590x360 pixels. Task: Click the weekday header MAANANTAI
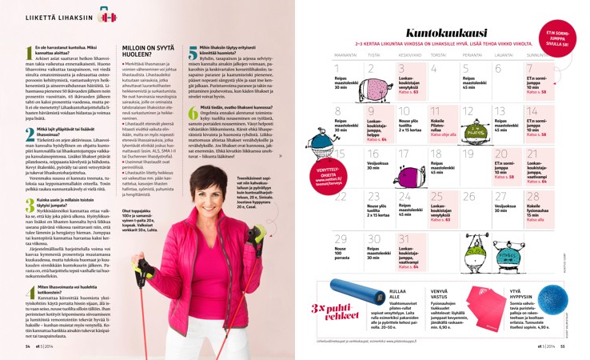click(x=345, y=54)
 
